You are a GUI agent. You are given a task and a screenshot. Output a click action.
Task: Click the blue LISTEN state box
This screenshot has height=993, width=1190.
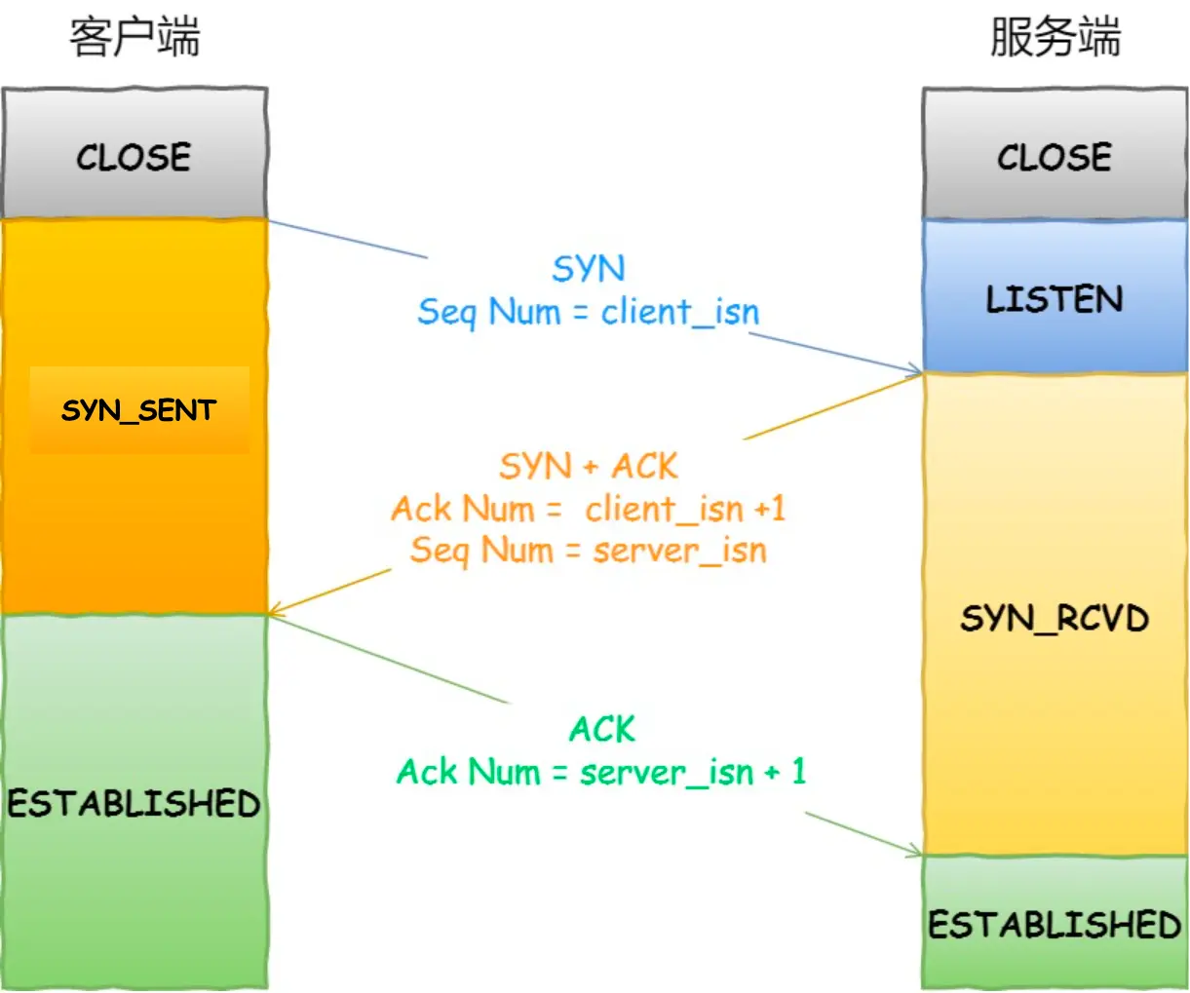(x=1055, y=298)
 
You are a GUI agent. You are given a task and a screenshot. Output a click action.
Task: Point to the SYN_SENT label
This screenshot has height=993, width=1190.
(x=138, y=410)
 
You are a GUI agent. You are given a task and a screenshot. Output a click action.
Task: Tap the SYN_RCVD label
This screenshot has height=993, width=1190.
(x=1055, y=619)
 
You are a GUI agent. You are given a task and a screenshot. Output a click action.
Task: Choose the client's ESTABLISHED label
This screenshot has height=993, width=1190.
(x=134, y=804)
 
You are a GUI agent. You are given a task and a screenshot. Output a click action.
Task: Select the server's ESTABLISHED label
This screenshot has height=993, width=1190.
(x=1055, y=924)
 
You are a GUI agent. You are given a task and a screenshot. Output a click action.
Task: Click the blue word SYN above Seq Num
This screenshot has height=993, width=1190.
(x=589, y=269)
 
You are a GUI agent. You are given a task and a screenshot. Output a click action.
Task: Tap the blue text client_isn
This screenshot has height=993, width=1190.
(x=680, y=312)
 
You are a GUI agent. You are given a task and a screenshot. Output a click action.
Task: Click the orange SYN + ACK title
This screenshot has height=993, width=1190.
(x=589, y=467)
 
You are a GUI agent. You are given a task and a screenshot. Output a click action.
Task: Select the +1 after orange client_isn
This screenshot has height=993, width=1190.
(x=769, y=509)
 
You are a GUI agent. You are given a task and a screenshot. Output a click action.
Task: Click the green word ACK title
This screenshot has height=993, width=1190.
(x=602, y=730)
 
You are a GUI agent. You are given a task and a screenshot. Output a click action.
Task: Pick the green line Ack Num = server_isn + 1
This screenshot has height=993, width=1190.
(x=601, y=773)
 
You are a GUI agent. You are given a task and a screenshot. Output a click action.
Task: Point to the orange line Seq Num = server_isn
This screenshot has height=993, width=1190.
(x=589, y=551)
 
